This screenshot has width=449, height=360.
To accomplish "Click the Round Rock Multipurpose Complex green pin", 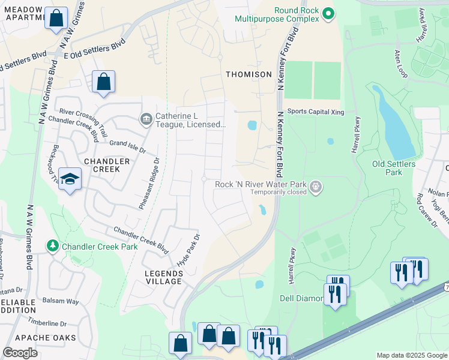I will (328, 13).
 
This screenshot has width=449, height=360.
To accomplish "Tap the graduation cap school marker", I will (70, 179).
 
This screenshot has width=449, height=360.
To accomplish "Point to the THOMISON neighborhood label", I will (249, 74).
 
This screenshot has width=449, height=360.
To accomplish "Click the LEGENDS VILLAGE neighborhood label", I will (163, 277).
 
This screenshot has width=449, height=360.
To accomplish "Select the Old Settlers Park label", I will (394, 168).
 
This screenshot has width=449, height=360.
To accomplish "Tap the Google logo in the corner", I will (20, 353).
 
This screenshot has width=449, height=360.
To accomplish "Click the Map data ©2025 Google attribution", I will (412, 355).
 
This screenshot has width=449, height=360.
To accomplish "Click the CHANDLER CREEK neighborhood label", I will (107, 165).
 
